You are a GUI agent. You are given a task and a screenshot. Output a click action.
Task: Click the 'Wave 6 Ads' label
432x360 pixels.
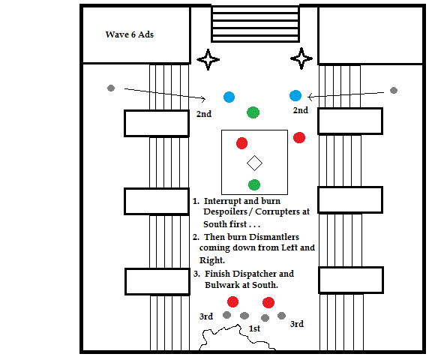click(130, 34)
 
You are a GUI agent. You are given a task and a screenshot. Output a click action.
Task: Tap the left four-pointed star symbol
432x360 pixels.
click(208, 59)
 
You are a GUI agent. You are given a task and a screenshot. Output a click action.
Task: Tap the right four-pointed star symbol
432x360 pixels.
click(301, 58)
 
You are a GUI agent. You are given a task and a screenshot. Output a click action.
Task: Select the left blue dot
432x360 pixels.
click(229, 97)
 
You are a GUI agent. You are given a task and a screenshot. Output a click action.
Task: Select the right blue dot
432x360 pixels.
click(295, 95)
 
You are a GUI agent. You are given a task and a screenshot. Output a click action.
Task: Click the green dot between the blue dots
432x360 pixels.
click(253, 112)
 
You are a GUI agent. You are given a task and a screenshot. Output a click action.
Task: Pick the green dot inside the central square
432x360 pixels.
click(254, 184)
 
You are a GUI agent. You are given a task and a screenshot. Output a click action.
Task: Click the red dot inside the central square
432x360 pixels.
click(242, 143)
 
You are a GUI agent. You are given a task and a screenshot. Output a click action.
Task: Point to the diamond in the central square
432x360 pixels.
click(254, 163)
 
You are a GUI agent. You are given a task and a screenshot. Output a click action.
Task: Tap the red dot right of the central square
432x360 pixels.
click(299, 138)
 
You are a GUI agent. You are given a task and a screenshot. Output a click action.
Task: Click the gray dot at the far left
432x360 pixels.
click(111, 88)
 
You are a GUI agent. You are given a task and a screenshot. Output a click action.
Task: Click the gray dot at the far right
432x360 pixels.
click(394, 90)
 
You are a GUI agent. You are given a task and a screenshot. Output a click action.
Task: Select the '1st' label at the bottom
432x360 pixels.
click(254, 328)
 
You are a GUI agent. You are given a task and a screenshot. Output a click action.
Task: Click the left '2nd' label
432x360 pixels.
click(204, 114)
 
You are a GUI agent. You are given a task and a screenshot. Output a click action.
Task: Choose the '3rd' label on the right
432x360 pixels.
click(297, 324)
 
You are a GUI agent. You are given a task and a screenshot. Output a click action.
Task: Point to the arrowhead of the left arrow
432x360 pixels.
click(203, 98)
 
